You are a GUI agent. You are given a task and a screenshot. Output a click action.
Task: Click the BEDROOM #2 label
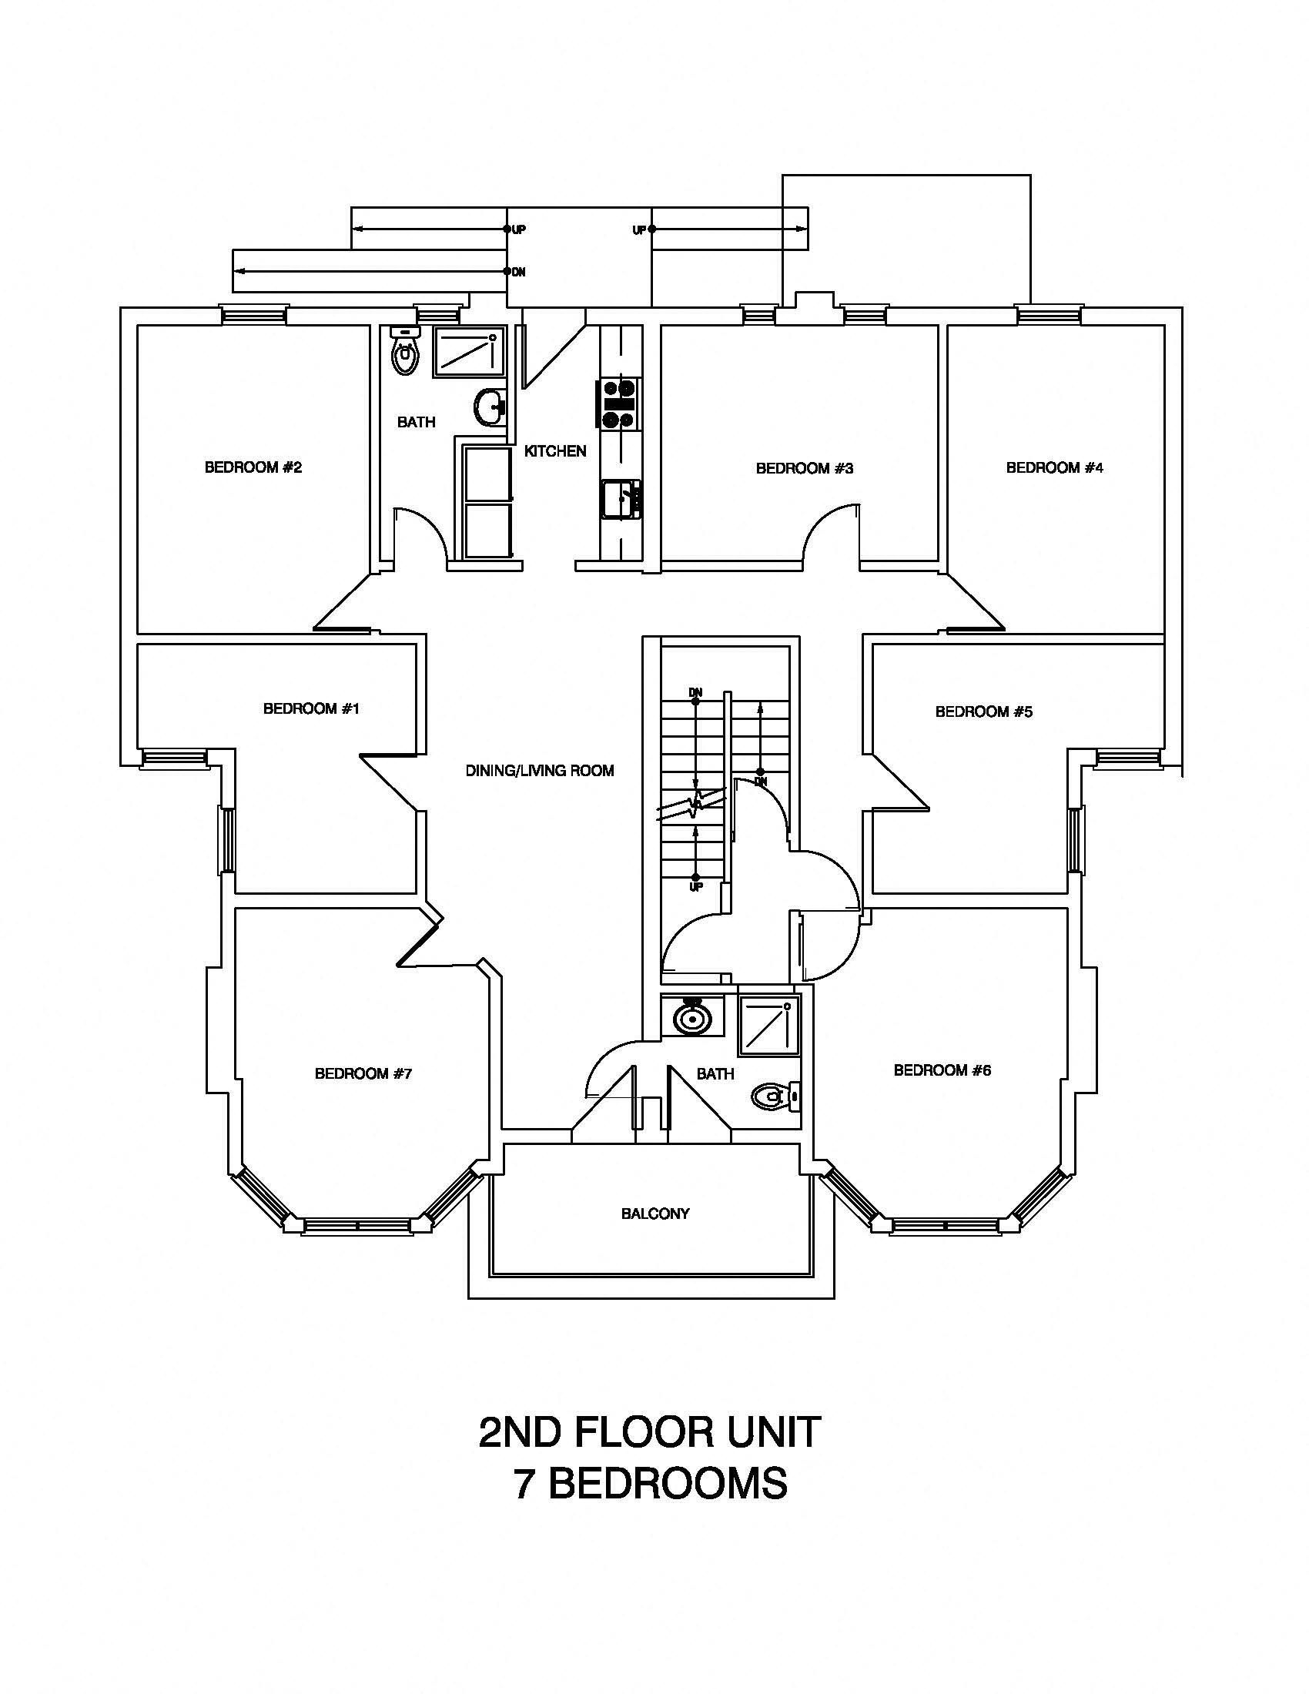coord(253,467)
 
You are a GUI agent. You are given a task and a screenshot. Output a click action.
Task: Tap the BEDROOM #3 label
coord(804,468)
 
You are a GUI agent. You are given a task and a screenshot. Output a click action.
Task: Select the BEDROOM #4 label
coord(1054,467)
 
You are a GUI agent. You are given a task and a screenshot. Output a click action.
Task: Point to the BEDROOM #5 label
coord(983,711)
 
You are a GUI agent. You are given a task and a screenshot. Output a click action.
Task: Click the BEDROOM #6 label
coord(942,1070)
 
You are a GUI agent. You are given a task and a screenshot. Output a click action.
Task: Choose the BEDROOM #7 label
coord(363,1073)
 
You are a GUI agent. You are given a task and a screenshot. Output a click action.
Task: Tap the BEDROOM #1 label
coord(311,708)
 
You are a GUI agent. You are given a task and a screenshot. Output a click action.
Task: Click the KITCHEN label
coord(555,450)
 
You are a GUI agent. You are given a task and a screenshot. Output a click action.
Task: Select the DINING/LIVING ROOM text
coord(540,771)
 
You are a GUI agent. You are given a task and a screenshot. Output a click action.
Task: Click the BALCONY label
coord(655,1214)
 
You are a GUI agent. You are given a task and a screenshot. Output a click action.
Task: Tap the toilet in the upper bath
coord(404,353)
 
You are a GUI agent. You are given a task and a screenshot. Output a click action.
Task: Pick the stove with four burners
coord(618,403)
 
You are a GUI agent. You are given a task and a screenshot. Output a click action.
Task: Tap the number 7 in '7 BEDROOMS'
coord(524,1484)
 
